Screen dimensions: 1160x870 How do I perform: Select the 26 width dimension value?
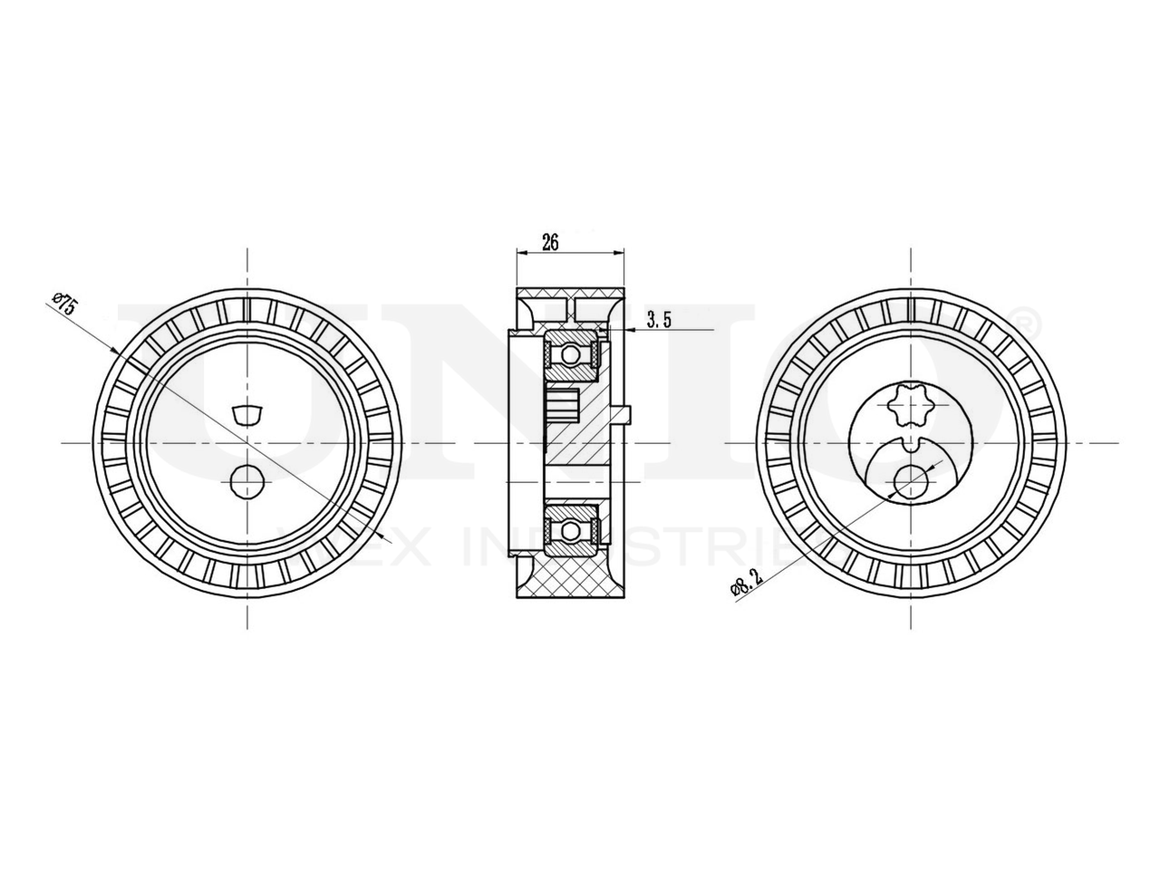pos(550,242)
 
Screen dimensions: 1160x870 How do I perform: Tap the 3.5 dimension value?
pos(659,319)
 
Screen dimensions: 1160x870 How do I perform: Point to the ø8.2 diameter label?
pos(742,579)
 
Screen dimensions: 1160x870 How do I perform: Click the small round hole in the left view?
pos(247,480)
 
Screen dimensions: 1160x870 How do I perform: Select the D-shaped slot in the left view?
pos(247,415)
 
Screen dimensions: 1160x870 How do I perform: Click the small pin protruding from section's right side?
pos(624,414)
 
